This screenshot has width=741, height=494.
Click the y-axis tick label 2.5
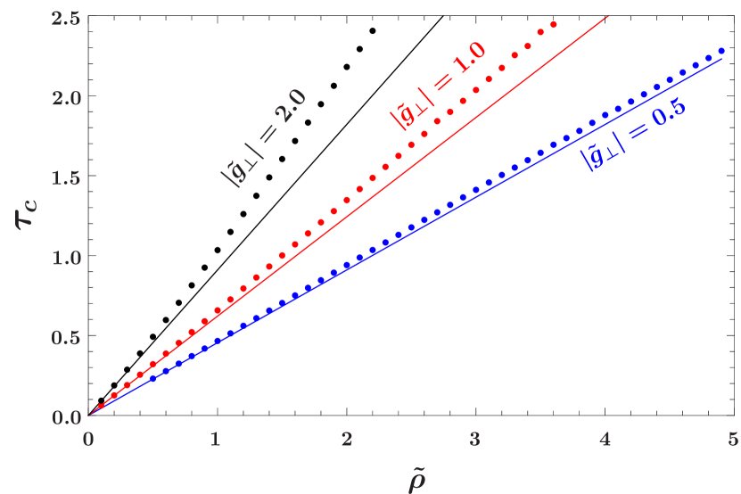(x=65, y=17)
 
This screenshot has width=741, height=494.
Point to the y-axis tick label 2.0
(x=65, y=97)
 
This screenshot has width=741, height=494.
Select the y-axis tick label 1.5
(x=65, y=177)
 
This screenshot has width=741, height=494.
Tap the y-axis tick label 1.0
(x=65, y=258)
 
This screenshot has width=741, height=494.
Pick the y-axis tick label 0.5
(x=65, y=338)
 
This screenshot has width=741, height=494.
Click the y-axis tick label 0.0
(x=65, y=417)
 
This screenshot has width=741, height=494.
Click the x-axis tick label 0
(x=87, y=439)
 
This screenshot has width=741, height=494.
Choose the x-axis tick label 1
(x=216, y=439)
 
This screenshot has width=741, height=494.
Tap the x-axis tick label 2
(x=346, y=439)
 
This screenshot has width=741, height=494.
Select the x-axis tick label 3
(x=475, y=439)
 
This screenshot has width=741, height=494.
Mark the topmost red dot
(x=554, y=25)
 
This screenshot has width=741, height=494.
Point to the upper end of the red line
(x=608, y=15)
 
